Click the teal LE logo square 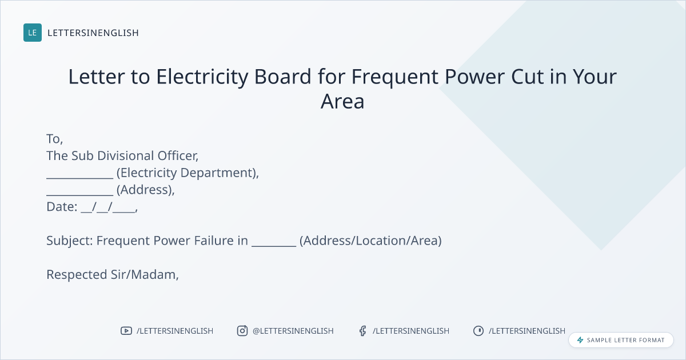33,33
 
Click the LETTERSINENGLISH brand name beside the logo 93,33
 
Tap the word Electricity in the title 202,77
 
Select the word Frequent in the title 395,77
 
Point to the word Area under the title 342,101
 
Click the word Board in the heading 282,77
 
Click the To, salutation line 54,139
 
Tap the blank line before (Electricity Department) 79,178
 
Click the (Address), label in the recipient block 145,190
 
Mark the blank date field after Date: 109,207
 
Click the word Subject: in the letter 70,241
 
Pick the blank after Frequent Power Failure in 274,246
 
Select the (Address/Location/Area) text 370,241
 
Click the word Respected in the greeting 77,275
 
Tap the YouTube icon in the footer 126,331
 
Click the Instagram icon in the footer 242,331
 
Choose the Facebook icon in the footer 363,331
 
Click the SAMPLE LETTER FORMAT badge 621,340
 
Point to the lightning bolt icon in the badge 580,340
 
